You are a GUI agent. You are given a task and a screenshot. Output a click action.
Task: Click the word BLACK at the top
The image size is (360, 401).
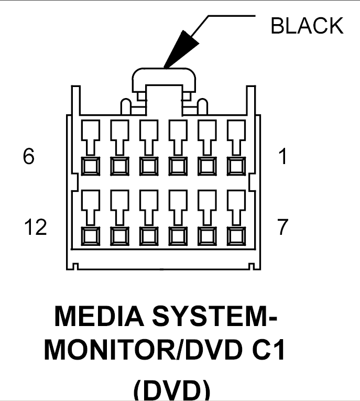click(307, 26)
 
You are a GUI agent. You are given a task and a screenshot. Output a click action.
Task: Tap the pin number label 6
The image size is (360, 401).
click(29, 157)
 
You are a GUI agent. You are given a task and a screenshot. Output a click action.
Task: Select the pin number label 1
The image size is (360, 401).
click(282, 157)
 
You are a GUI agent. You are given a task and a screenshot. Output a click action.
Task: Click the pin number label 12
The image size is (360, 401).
click(35, 227)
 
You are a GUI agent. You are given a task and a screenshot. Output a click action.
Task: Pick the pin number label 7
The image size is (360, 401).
click(283, 227)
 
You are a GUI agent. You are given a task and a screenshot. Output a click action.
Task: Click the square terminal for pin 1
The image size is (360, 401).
click(236, 166)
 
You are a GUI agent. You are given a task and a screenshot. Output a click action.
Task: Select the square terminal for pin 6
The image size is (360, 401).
click(91, 166)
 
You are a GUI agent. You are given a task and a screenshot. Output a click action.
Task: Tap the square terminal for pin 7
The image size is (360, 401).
click(236, 236)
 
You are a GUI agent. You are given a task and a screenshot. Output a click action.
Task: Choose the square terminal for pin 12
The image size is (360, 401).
click(91, 236)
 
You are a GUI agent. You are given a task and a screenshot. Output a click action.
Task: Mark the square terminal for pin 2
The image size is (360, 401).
click(206, 166)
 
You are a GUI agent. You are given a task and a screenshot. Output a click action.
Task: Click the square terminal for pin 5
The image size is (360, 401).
click(119, 166)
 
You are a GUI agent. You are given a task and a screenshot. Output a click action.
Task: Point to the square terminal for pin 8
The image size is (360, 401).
click(206, 236)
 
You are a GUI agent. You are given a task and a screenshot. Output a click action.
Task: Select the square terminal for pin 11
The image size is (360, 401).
click(119, 236)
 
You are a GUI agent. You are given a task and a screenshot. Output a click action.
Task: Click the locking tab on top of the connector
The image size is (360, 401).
click(163, 79)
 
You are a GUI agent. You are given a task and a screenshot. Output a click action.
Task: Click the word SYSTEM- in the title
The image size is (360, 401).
click(220, 316)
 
